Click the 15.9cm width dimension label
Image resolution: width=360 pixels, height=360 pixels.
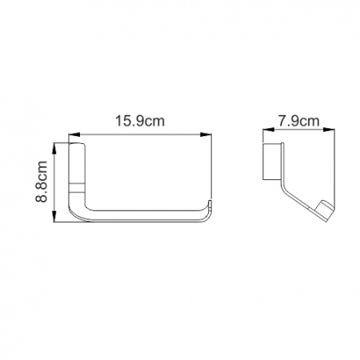point(140,121)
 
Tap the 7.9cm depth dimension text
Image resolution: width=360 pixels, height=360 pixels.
point(299,122)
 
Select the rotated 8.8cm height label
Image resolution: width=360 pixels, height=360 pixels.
point(42,182)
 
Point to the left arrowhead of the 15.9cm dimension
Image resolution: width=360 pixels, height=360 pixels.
point(74,134)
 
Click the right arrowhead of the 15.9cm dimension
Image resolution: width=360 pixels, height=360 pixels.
point(206,134)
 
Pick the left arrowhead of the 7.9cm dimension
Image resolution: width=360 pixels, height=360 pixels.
point(269,130)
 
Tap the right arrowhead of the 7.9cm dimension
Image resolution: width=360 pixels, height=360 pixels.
point(330,130)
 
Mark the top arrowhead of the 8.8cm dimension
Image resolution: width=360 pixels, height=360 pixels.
point(54,149)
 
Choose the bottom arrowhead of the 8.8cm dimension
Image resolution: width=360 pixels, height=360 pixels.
point(54,216)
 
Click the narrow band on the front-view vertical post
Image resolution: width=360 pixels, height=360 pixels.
point(77,187)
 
